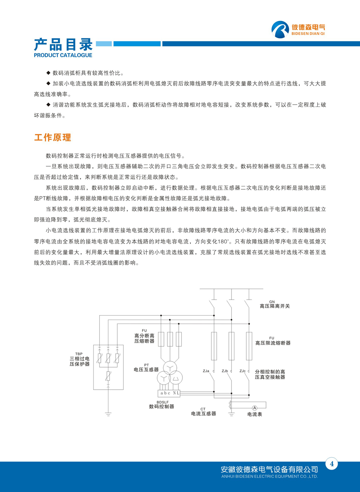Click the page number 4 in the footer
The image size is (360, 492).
(x=332, y=464)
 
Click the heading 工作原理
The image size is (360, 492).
(x=53, y=138)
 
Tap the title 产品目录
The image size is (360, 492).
(x=63, y=44)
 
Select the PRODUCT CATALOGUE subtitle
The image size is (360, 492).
(x=63, y=55)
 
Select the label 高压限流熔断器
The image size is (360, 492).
(x=273, y=343)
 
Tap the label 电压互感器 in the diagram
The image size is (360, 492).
(x=146, y=370)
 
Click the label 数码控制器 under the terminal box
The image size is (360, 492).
(x=161, y=406)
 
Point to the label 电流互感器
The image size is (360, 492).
(x=203, y=414)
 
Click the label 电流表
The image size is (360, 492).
(x=255, y=414)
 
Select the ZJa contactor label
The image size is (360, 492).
(x=206, y=371)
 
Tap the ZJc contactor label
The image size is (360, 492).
(x=242, y=371)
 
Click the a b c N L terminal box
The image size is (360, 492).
(x=170, y=393)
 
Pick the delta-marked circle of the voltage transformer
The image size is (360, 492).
(x=176, y=378)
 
